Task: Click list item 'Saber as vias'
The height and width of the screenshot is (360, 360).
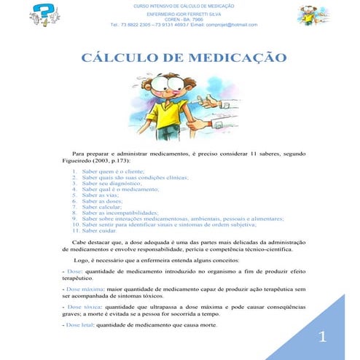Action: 102,195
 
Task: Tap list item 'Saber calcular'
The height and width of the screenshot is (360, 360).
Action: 104,206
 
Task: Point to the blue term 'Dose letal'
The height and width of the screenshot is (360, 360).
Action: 79,326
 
